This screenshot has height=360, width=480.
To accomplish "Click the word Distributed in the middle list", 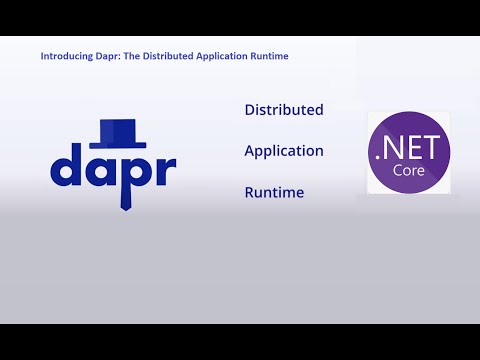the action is pyautogui.click(x=284, y=110).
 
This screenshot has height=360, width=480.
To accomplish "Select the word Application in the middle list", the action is pyautogui.click(x=284, y=151).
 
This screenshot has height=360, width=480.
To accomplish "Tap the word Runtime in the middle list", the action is pyautogui.click(x=274, y=192).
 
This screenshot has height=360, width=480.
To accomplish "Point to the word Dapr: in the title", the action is pyautogui.click(x=104, y=57).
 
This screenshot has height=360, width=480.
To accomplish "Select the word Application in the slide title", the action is pyautogui.click(x=225, y=57).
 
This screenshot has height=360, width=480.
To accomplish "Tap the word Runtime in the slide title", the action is pyautogui.click(x=270, y=57).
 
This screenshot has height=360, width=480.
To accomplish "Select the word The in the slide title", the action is pyautogui.click(x=132, y=57).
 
